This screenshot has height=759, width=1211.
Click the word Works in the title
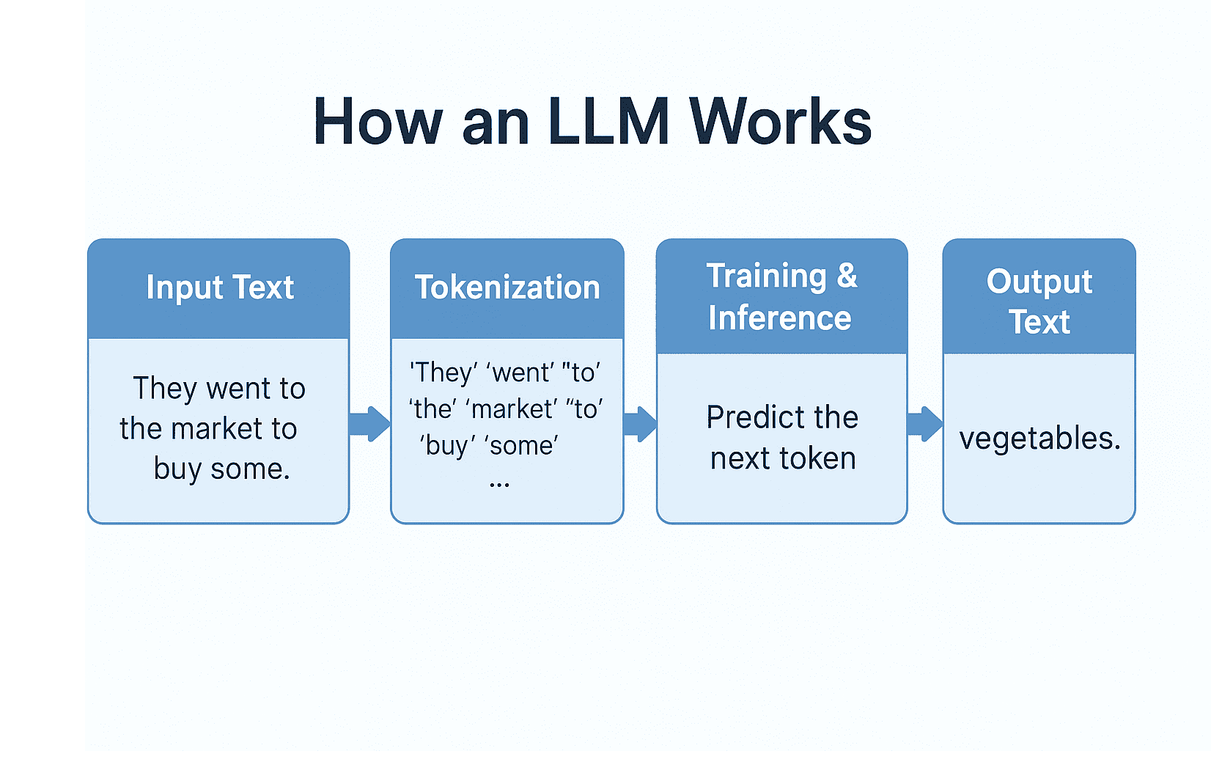[x=780, y=122]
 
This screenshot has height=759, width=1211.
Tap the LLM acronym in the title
[x=608, y=122]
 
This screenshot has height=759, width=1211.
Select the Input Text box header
[x=219, y=287]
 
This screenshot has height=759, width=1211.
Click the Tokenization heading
[x=507, y=287]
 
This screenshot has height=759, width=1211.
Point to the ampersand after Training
[x=847, y=276]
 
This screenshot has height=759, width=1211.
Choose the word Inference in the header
[x=780, y=318]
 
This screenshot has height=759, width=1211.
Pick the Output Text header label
[x=1039, y=301]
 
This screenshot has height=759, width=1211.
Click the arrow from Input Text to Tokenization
[x=369, y=424]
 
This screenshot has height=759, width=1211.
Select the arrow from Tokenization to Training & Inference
[x=640, y=424]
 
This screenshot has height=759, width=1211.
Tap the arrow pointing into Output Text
[x=924, y=424]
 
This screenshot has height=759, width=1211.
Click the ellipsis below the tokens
[x=499, y=484]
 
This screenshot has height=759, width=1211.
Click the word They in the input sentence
[x=165, y=389]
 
